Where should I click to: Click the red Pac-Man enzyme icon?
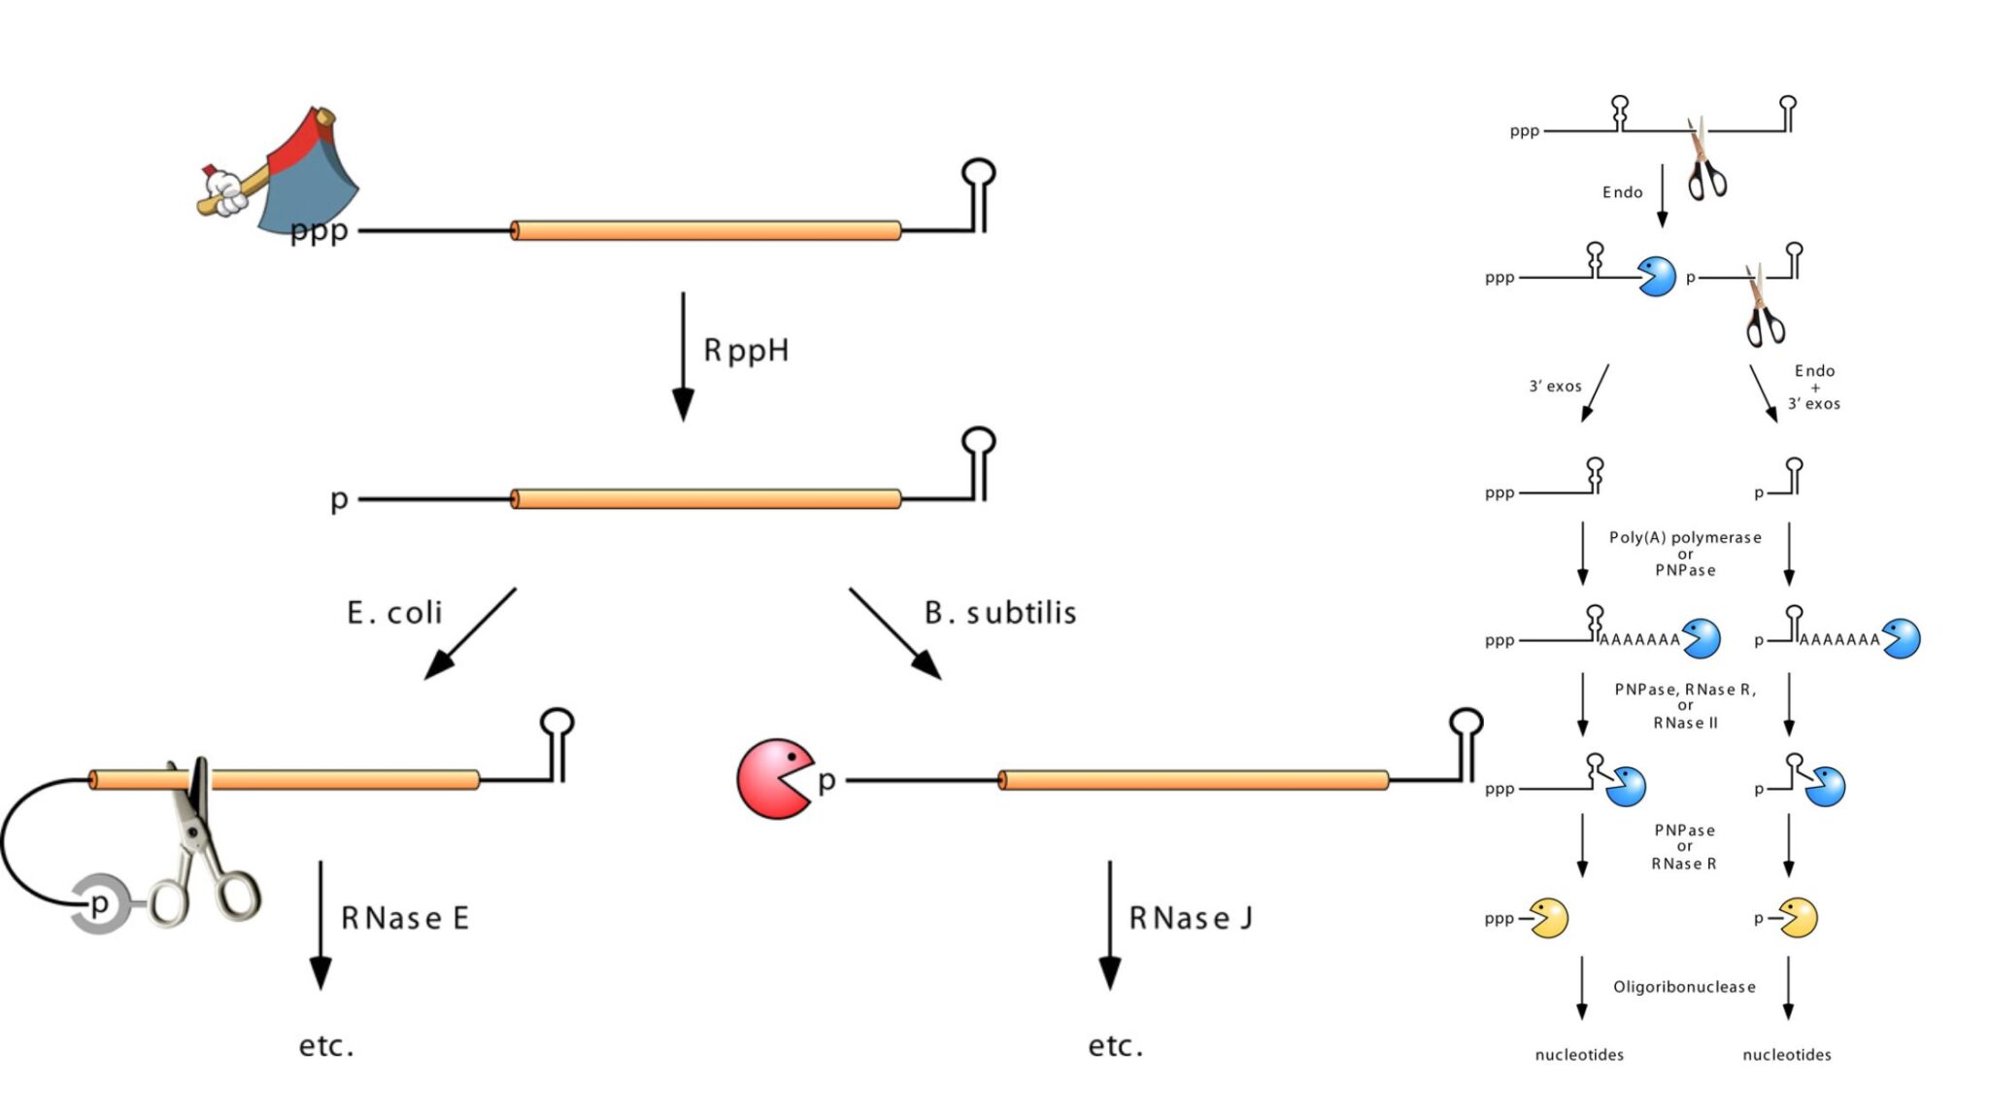click(772, 779)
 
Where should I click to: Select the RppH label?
click(746, 350)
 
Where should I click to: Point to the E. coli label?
click(394, 613)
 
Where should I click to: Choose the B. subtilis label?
click(1000, 613)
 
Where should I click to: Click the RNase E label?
click(405, 918)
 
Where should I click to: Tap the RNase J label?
click(1190, 918)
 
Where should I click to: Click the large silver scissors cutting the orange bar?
click(206, 845)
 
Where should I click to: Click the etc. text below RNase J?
click(1115, 1046)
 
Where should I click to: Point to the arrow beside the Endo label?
click(1662, 194)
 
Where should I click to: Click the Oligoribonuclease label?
click(1684, 987)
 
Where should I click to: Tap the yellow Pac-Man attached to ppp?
click(1549, 918)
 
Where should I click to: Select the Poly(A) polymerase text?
click(1685, 537)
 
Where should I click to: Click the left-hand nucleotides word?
click(1579, 1055)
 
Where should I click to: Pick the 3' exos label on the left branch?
click(1555, 387)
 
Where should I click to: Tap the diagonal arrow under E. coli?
click(470, 633)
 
